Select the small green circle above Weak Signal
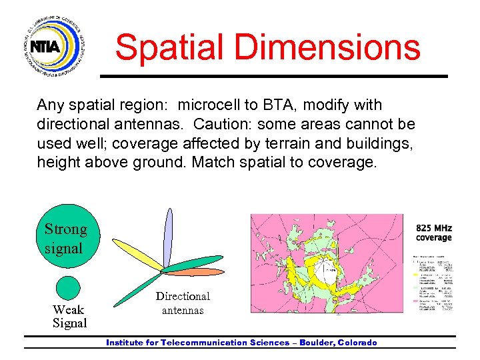point(68,288)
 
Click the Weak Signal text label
point(69,317)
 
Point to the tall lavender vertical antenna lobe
point(169,237)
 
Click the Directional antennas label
point(182,303)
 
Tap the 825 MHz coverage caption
point(433,232)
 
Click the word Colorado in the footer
point(357,343)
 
